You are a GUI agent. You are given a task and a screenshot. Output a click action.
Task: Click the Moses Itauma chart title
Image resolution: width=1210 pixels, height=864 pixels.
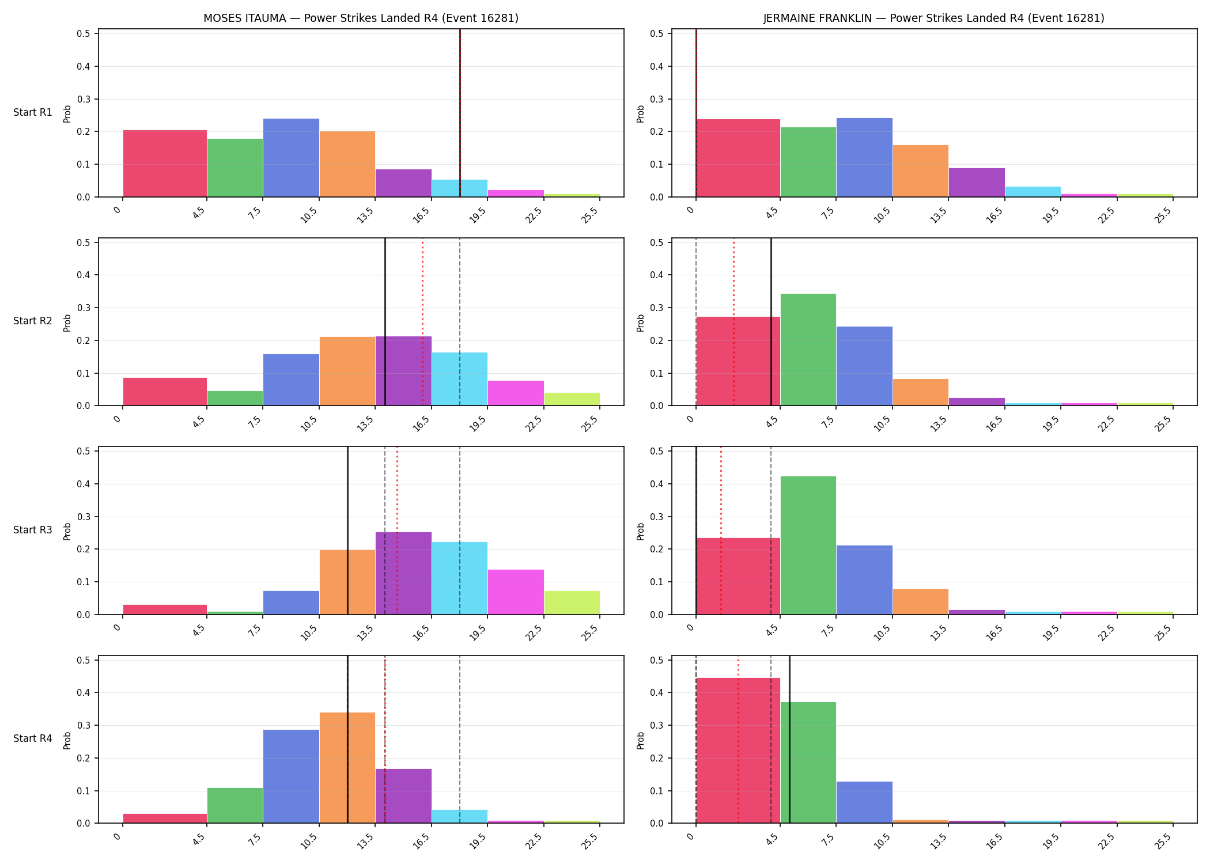pyautogui.click(x=361, y=18)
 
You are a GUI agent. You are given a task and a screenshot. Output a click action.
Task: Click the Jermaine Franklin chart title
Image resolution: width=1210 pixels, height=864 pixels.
pyautogui.click(x=933, y=18)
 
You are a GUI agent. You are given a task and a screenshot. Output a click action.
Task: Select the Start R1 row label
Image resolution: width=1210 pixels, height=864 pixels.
pyautogui.click(x=33, y=112)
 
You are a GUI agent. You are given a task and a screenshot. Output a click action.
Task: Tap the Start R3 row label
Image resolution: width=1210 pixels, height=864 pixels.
pyautogui.click(x=33, y=530)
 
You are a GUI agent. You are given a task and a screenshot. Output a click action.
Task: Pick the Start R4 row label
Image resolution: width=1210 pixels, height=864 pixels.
pyautogui.click(x=33, y=738)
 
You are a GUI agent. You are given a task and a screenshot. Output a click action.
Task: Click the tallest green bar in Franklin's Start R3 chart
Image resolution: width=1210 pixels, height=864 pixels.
pyautogui.click(x=808, y=545)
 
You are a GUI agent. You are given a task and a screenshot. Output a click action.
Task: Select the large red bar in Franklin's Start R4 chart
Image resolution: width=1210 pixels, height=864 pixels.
pyautogui.click(x=738, y=751)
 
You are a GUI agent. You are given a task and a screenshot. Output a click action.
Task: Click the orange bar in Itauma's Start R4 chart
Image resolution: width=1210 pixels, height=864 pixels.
pyautogui.click(x=347, y=768)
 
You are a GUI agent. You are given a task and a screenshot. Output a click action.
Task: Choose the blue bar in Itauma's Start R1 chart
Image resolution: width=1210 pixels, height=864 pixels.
pyautogui.click(x=291, y=158)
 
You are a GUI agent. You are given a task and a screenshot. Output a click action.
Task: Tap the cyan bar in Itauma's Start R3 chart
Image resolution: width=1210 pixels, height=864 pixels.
pyautogui.click(x=460, y=578)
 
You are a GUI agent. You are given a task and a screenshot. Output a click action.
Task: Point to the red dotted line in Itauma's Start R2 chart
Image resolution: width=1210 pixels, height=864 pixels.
pyautogui.click(x=422, y=322)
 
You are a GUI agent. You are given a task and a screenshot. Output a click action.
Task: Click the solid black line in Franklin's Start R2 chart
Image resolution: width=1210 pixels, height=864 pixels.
pyautogui.click(x=771, y=322)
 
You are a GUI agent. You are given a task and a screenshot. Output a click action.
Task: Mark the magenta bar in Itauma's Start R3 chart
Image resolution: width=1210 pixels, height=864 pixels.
pyautogui.click(x=516, y=592)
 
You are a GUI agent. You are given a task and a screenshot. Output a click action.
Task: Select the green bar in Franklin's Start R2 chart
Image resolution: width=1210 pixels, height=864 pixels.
pyautogui.click(x=808, y=350)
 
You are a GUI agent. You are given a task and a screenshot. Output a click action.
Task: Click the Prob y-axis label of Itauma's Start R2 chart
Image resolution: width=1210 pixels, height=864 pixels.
pyautogui.click(x=67, y=323)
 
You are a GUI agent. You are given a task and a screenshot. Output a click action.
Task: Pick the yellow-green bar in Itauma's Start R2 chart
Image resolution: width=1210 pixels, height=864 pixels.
pyautogui.click(x=572, y=399)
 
